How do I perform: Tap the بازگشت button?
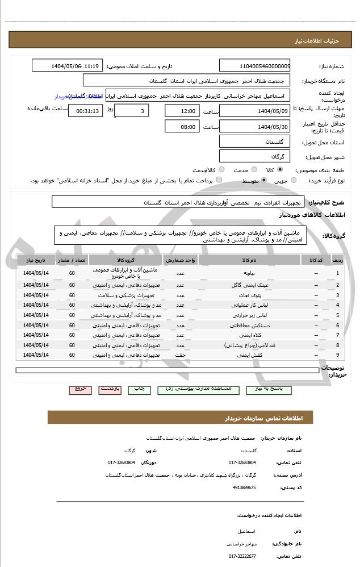coord(110,389)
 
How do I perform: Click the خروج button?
coord(80,389)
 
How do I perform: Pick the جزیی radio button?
coord(294,181)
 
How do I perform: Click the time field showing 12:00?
coord(182,111)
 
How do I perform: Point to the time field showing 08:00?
coord(182,126)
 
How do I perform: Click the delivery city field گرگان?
coord(254,156)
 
